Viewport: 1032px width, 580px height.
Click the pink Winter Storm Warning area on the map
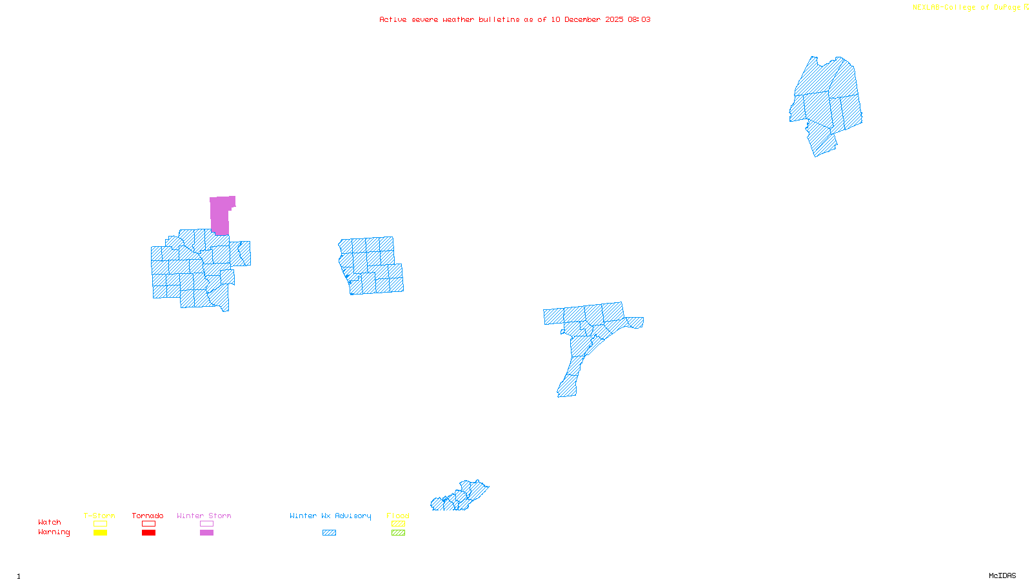click(221, 215)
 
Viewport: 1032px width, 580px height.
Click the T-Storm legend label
click(99, 516)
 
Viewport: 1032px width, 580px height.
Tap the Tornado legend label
click(148, 516)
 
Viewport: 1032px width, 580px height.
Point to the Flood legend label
click(398, 516)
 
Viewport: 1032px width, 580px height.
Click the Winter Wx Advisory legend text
click(330, 516)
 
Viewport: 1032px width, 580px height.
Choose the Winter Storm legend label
click(204, 516)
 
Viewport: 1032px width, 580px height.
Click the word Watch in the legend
click(50, 522)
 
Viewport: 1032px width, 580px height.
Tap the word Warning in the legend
click(54, 532)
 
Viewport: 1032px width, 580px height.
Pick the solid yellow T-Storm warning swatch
click(100, 533)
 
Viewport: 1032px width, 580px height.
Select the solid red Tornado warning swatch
click(148, 533)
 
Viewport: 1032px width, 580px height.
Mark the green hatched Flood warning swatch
click(399, 533)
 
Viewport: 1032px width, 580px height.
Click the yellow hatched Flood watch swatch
click(399, 524)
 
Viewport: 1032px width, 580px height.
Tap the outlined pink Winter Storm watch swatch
click(206, 524)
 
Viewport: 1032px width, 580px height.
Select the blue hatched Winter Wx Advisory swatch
click(329, 533)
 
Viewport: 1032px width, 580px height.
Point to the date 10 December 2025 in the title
click(587, 19)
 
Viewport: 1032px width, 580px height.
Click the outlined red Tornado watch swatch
click(148, 524)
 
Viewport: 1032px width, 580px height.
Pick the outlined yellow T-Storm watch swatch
click(100, 524)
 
